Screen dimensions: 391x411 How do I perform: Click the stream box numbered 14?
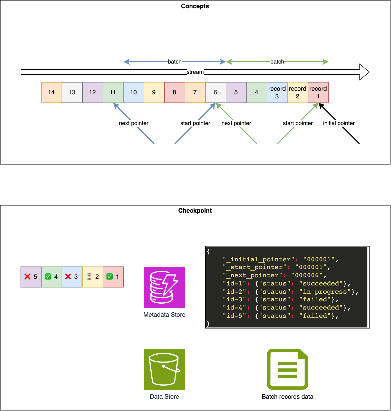(x=52, y=93)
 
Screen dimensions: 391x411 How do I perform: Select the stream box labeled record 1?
(x=318, y=93)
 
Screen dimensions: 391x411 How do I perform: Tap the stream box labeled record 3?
(x=277, y=93)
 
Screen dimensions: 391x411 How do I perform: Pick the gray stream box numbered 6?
(x=216, y=93)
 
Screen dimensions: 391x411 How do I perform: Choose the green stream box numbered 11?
(x=113, y=93)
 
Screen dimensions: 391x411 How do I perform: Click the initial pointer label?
(x=339, y=123)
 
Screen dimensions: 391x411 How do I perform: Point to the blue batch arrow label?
(x=174, y=62)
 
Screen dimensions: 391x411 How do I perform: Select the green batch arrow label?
(x=277, y=62)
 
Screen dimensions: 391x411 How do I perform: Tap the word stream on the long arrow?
(x=195, y=72)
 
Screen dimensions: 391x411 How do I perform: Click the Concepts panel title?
(x=195, y=6)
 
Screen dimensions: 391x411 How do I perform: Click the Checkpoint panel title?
(x=195, y=211)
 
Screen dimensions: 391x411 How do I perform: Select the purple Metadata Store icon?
(x=164, y=287)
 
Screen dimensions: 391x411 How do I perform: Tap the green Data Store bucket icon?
(x=164, y=369)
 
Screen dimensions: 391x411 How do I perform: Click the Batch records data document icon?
(x=288, y=369)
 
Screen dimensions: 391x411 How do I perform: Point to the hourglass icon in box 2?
(x=89, y=277)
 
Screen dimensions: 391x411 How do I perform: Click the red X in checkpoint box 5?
(x=27, y=277)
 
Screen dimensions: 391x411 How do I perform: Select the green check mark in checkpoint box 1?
(x=110, y=277)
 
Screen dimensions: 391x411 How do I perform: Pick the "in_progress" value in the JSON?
(x=325, y=292)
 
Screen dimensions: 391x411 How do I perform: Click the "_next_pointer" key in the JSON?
(x=254, y=275)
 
